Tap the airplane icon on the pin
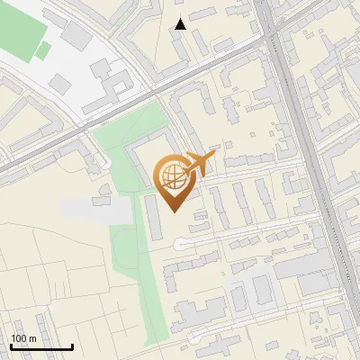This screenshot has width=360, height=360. click(200, 164)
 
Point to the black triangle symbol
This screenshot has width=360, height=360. click(181, 24)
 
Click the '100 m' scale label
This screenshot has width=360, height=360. click(23, 338)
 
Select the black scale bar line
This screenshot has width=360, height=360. click(41, 347)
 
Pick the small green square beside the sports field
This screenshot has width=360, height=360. click(42, 51)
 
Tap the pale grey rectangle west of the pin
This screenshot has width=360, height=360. click(96, 210)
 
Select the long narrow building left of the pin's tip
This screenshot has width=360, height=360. click(156, 217)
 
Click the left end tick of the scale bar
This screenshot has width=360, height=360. click(11, 346)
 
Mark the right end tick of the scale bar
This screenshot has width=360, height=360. click(72, 346)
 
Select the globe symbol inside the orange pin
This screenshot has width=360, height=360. click(174, 176)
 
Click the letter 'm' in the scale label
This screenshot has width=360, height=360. click(32, 338)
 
